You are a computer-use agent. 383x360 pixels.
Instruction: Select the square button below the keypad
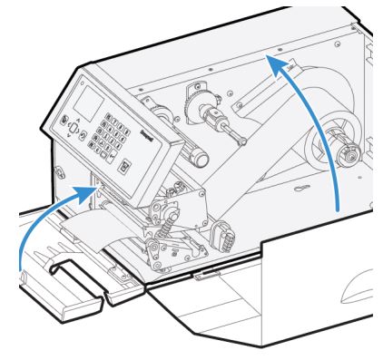click(x=125, y=167)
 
